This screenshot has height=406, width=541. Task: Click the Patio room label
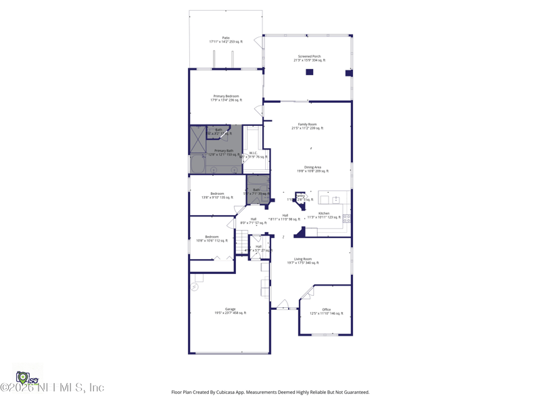(226, 40)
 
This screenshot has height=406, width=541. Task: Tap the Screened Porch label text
(309, 58)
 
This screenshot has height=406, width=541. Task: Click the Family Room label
(307, 126)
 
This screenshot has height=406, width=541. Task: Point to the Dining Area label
(312, 169)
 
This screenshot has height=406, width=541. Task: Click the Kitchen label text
(324, 215)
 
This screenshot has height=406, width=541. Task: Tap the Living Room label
(302, 261)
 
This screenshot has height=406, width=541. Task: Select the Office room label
(326, 311)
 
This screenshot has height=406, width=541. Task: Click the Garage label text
(230, 311)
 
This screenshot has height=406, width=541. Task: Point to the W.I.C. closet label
(253, 154)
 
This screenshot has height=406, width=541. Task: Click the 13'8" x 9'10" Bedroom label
(217, 196)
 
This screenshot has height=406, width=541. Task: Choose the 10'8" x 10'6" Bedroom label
(212, 238)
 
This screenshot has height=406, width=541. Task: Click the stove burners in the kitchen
(346, 219)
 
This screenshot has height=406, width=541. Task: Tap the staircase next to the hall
(242, 241)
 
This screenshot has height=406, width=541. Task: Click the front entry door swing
(284, 304)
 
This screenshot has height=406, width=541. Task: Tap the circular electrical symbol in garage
(195, 287)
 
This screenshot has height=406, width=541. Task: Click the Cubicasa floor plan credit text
(270, 392)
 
